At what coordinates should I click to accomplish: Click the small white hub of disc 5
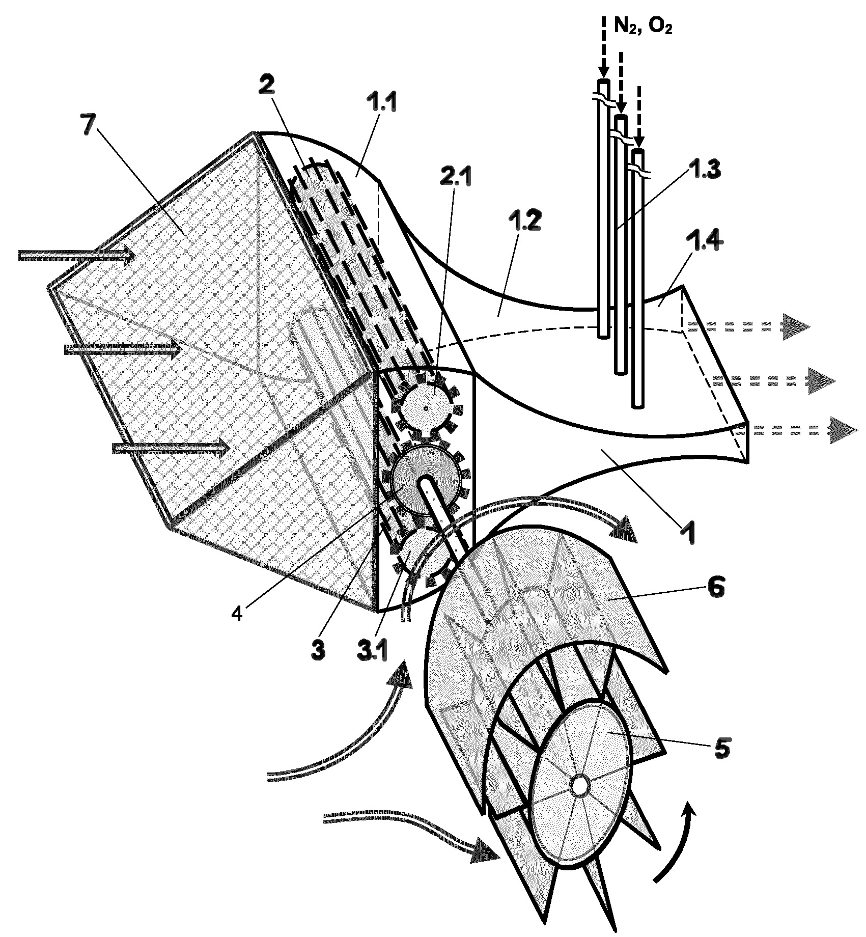[579, 786]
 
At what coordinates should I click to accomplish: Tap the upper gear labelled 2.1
[427, 407]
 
